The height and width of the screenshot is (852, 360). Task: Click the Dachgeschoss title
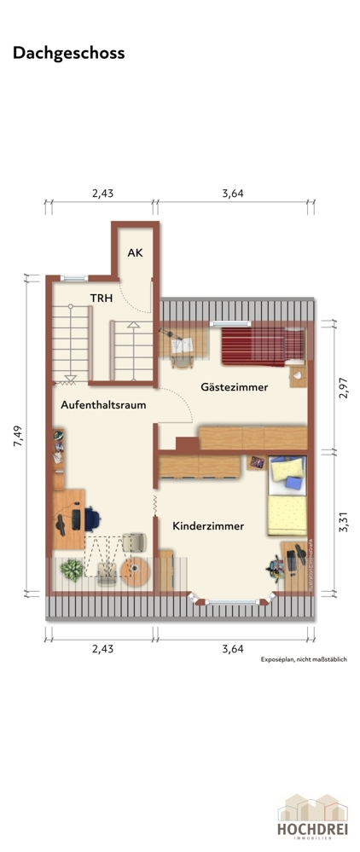[x=68, y=53]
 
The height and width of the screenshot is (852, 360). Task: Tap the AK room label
[x=135, y=252]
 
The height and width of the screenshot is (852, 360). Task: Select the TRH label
[x=102, y=298]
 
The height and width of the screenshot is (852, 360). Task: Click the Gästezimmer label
[x=234, y=387]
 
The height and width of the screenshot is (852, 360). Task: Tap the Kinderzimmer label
[x=208, y=526]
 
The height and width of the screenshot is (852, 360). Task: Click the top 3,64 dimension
[x=233, y=194]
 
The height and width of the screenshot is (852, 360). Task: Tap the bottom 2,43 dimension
[x=102, y=647]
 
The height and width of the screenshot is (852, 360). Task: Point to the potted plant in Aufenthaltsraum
[x=73, y=570]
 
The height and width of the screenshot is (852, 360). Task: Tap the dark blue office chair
[x=90, y=517]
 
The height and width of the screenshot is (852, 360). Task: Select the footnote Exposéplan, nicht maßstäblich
[x=304, y=659]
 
